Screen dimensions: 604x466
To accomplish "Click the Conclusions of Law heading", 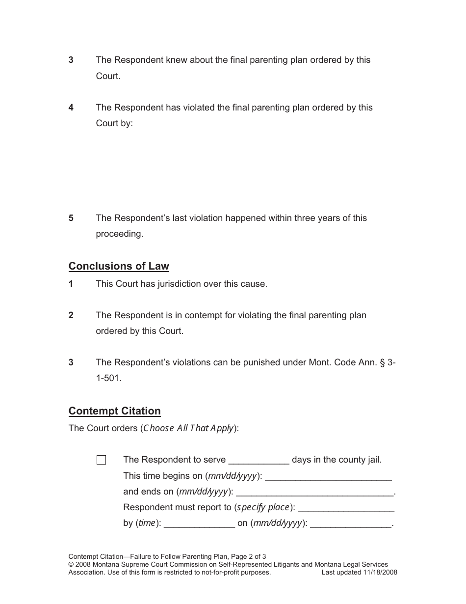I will (119, 266).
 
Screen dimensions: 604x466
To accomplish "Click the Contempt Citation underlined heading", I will (114, 411).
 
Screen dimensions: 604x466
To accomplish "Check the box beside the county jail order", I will (102, 460).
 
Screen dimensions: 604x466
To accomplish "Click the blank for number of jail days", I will (259, 461).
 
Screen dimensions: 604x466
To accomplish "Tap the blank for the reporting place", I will (346, 508).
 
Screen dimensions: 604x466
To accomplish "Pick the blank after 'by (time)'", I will (199, 524).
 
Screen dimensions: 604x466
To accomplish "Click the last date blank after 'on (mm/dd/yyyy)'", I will (351, 524).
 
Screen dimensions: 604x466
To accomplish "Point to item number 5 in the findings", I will (71, 218).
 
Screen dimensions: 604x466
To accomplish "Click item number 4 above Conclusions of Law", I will (71, 108).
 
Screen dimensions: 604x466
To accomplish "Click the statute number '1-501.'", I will (108, 379).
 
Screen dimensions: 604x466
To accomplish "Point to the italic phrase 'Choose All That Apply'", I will (188, 428).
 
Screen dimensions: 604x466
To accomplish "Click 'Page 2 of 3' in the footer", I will (248, 556).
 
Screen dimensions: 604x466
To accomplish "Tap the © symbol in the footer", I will (71, 565).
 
